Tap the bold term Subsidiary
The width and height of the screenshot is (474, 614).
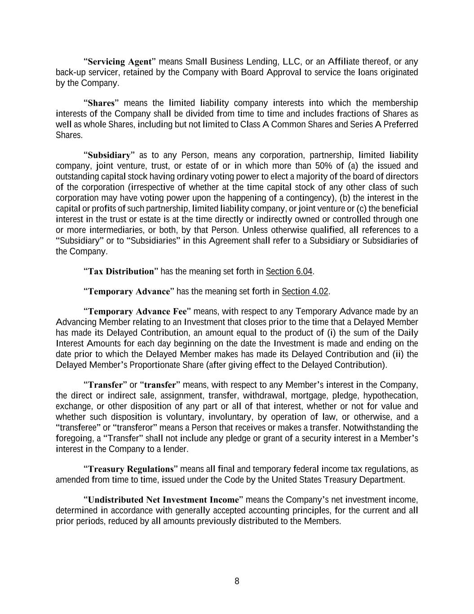pyautogui.click(x=110, y=155)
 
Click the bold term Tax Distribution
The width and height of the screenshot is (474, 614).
pyautogui.click(x=119, y=271)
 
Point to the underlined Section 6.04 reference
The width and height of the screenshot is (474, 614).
pyautogui.click(x=289, y=271)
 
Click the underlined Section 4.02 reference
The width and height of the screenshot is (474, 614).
pyautogui.click(x=305, y=291)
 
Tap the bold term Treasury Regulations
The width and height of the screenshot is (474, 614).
pyautogui.click(x=130, y=469)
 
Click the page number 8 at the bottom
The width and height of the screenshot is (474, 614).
pyautogui.click(x=237, y=581)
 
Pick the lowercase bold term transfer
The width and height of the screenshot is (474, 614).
pyautogui.click(x=160, y=385)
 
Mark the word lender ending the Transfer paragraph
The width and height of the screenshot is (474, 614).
pyautogui.click(x=175, y=449)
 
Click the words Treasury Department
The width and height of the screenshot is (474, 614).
pyautogui.click(x=371, y=480)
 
